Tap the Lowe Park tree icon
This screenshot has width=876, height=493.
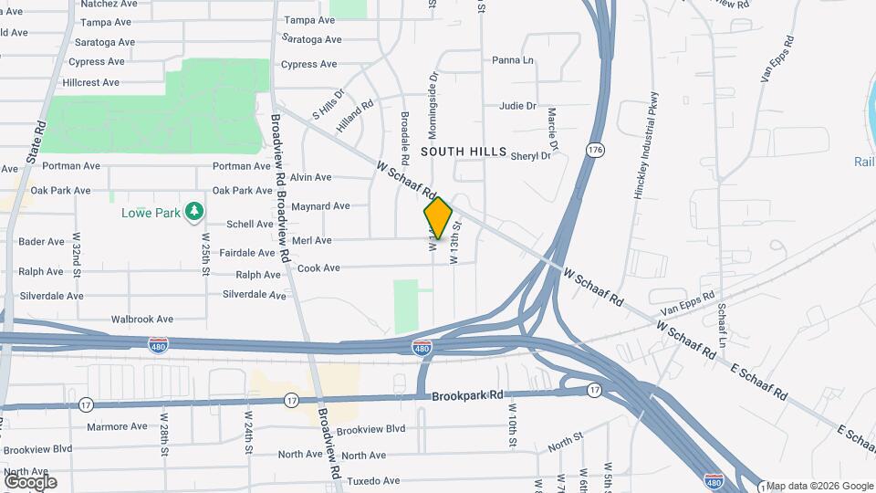point(193,213)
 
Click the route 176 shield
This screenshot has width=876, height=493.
point(596,149)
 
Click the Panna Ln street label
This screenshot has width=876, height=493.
point(512,60)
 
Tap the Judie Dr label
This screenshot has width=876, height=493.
point(517,106)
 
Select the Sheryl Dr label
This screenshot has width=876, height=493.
point(530,155)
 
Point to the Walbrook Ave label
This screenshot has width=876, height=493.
point(141,320)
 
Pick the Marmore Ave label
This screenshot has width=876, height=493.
point(116,426)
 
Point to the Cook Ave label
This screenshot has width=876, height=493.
point(318,267)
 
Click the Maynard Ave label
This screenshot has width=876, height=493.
point(320,206)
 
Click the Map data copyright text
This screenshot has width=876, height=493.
point(819,486)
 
